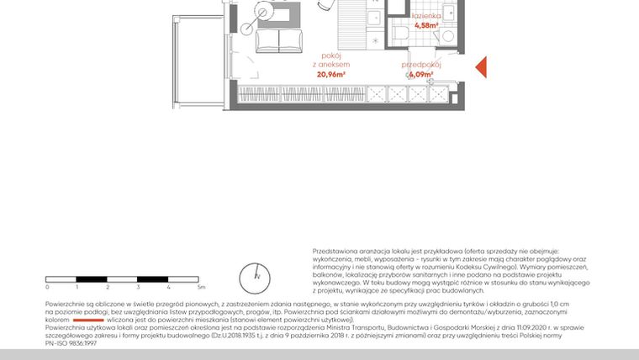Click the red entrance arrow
coord(482,67)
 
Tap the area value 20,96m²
coord(330,74)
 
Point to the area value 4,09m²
coord(417,74)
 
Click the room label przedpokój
coord(417,65)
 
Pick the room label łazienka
coord(425,16)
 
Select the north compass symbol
coord(258,275)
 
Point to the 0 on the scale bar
coord(47,288)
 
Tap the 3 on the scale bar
coord(138,288)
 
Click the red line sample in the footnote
coord(88,320)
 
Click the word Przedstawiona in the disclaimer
coord(334,251)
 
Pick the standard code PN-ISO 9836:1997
coord(71,343)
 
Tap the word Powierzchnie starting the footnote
coord(67,303)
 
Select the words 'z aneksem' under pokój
coord(330,65)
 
